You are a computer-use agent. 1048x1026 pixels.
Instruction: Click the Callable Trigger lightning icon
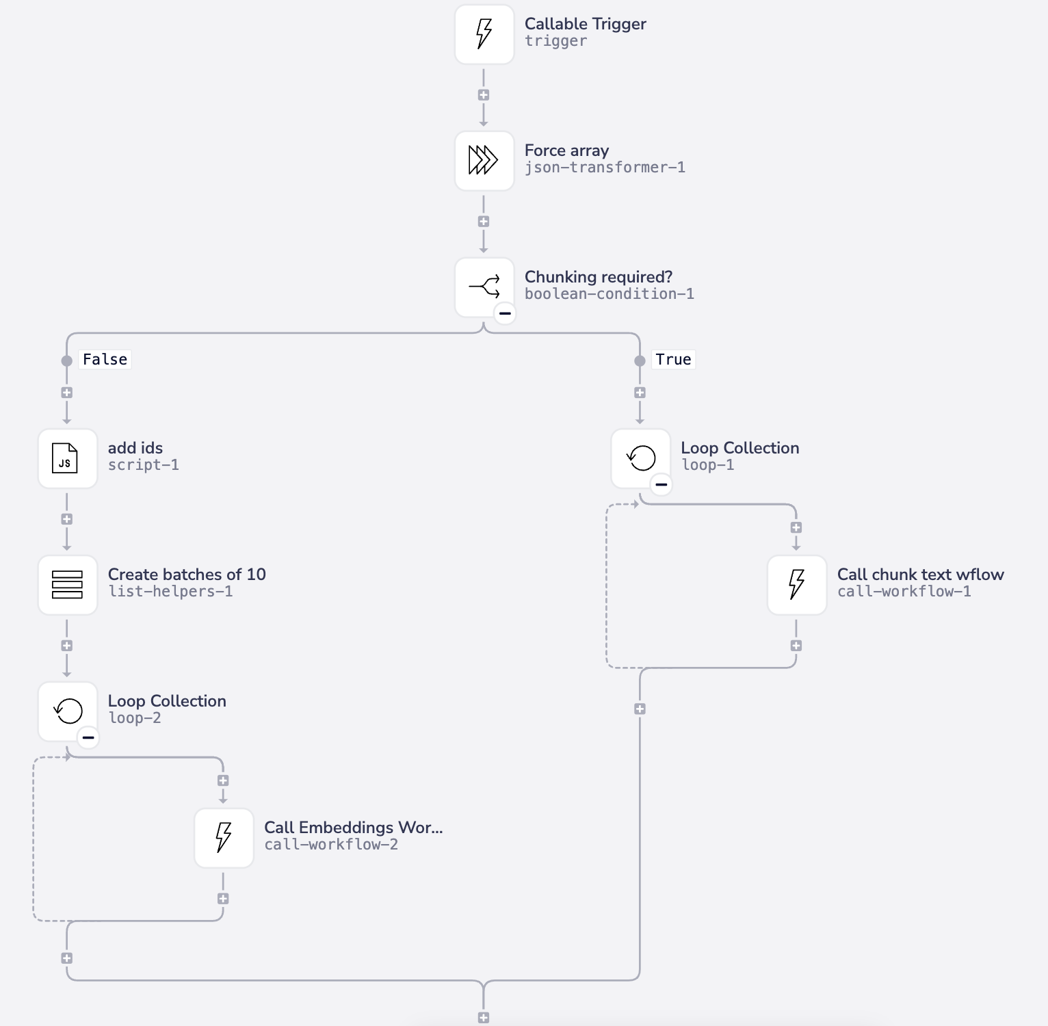[484, 34]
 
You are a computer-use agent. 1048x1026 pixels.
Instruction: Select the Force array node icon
[484, 161]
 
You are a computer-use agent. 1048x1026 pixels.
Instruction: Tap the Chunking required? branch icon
[484, 287]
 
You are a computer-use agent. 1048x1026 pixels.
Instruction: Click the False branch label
[105, 360]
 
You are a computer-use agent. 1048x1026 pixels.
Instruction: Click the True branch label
[673, 360]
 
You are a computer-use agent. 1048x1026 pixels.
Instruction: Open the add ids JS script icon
[67, 458]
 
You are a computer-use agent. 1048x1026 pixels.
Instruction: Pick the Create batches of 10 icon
[67, 585]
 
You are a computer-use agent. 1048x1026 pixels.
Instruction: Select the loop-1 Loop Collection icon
[640, 458]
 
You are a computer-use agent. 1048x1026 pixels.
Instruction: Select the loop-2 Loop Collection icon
[67, 711]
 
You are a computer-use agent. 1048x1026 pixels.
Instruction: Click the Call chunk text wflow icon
[796, 585]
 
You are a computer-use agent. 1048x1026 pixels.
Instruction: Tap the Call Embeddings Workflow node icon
[224, 838]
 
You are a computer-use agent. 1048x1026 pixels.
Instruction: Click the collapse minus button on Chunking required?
[505, 313]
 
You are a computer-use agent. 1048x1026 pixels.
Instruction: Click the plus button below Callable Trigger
[484, 95]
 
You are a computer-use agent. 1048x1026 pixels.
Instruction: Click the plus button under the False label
[66, 393]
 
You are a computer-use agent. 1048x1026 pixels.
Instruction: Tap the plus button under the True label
[640, 393]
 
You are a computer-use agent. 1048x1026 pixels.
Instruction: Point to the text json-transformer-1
[605, 168]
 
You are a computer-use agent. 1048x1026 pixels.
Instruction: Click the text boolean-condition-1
[609, 294]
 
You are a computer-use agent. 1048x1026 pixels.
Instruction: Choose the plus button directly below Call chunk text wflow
[796, 646]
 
